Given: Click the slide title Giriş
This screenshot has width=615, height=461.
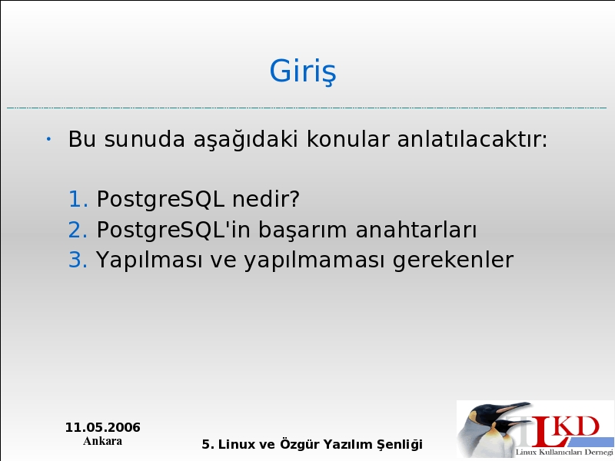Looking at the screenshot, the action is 302,71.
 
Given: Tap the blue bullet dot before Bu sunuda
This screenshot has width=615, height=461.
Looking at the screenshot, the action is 48,139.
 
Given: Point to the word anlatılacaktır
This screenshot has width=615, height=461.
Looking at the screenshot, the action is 472,139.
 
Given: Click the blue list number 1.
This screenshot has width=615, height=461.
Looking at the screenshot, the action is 78,199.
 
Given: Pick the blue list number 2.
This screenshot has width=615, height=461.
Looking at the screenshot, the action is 78,230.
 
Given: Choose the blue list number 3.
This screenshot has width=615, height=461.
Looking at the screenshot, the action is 78,260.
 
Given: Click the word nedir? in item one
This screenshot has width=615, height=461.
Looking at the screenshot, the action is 266,198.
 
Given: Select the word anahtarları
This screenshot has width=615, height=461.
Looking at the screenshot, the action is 416,229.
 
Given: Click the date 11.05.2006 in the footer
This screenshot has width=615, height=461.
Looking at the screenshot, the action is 103,427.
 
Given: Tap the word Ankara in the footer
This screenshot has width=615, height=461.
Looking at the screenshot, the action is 103,441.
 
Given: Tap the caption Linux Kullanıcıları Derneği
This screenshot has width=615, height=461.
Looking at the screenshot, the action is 564,453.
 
